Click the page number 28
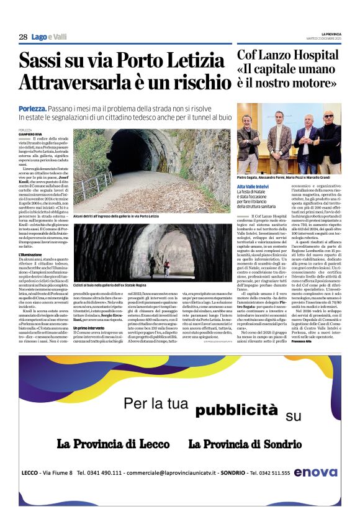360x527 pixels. tap(23, 37)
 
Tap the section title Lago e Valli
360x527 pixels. tap(50, 37)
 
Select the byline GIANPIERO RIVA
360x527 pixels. tap(31, 133)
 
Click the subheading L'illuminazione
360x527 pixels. tap(31, 255)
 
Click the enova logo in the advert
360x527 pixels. tap(317, 472)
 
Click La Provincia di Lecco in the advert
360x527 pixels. tap(113, 444)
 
